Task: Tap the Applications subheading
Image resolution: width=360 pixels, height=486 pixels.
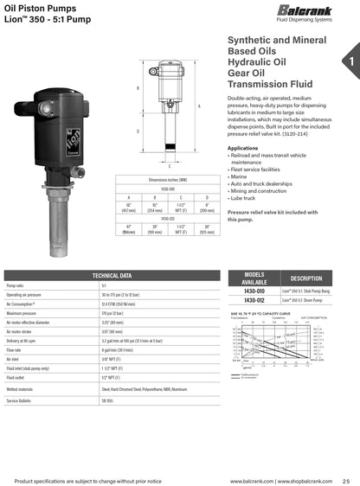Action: (x=242, y=148)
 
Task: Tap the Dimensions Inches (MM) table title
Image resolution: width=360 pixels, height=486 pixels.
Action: (x=168, y=179)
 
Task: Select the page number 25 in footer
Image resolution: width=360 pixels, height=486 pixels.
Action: (x=346, y=480)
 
